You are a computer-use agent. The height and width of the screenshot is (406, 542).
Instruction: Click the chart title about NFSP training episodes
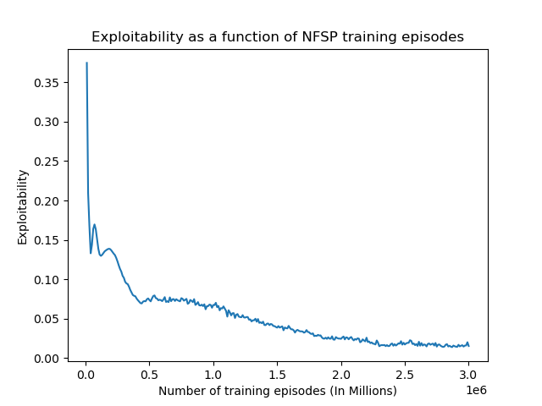pos(277,37)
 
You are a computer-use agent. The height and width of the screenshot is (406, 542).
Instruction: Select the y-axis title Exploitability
pos(23,207)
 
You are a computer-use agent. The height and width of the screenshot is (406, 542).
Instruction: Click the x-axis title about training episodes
pos(277,391)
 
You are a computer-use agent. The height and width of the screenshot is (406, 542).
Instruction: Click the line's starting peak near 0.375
pos(86,63)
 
